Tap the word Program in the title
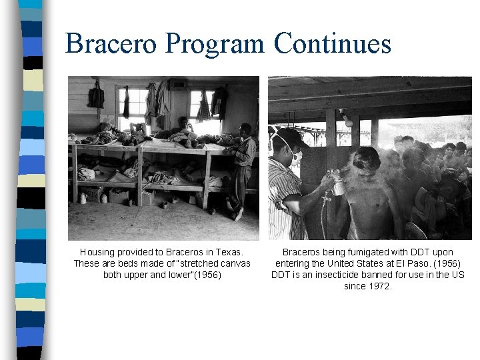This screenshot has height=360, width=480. point(223,44)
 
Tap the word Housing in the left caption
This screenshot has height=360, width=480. point(97,252)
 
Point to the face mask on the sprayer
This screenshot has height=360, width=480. point(294,155)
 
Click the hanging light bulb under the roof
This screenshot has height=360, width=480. point(347,121)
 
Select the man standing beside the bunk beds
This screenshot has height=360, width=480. point(243,167)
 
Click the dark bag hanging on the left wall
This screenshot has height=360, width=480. point(97,96)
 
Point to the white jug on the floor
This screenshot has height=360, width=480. point(83,198)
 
